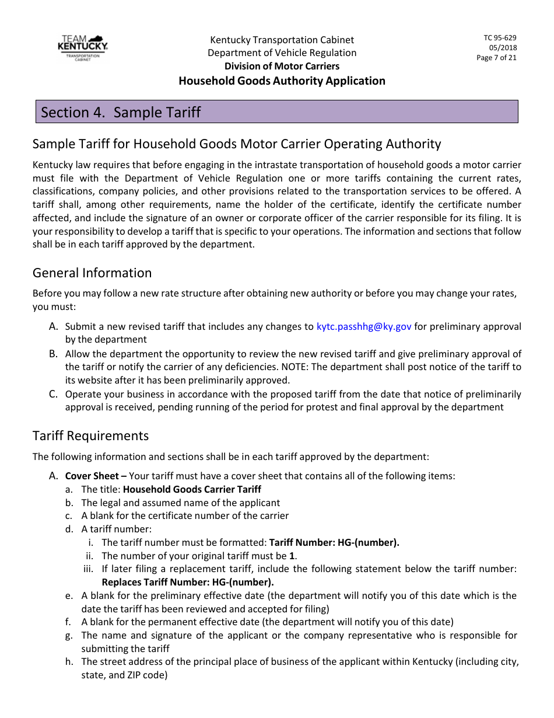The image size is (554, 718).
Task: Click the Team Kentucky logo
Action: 83,48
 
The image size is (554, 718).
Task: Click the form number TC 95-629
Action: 500,38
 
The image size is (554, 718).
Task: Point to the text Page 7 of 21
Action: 496,58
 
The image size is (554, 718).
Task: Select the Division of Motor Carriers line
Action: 282,66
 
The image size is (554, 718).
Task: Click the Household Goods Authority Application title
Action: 282,81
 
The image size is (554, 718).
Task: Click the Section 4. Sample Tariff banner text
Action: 121,112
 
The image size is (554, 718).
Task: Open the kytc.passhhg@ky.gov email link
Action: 364,326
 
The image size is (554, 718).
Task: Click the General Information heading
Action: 92,273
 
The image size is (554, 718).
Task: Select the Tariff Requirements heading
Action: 90,436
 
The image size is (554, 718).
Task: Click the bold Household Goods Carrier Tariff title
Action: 192,489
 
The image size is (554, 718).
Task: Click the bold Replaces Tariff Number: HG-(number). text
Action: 188,582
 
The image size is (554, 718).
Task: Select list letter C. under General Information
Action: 54,394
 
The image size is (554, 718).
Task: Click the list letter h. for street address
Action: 69,662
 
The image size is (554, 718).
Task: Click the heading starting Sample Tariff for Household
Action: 237,144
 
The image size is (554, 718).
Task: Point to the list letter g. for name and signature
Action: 69,635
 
